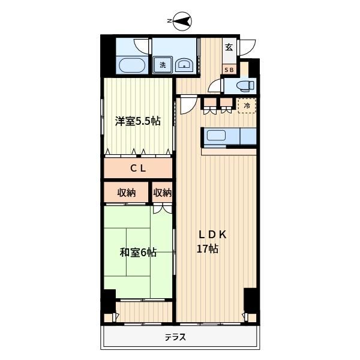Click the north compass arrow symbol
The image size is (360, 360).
pyautogui.click(x=183, y=21)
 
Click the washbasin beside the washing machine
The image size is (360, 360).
pyautogui.click(x=184, y=65)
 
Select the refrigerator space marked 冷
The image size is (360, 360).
pyautogui.click(x=247, y=106)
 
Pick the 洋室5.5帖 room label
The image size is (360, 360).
pyautogui.click(x=138, y=121)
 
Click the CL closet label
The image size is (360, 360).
pyautogui.click(x=139, y=169)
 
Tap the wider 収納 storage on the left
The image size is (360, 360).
pyautogui.click(x=126, y=193)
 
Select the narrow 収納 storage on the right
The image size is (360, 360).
pyautogui.click(x=162, y=193)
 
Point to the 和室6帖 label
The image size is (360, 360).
pyautogui.click(x=138, y=253)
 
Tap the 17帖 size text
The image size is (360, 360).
pyautogui.click(x=208, y=249)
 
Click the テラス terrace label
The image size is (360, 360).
pyautogui.click(x=175, y=337)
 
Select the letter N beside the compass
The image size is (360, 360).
pyautogui.click(x=170, y=22)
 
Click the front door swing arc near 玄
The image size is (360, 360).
pyautogui.click(x=248, y=46)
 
